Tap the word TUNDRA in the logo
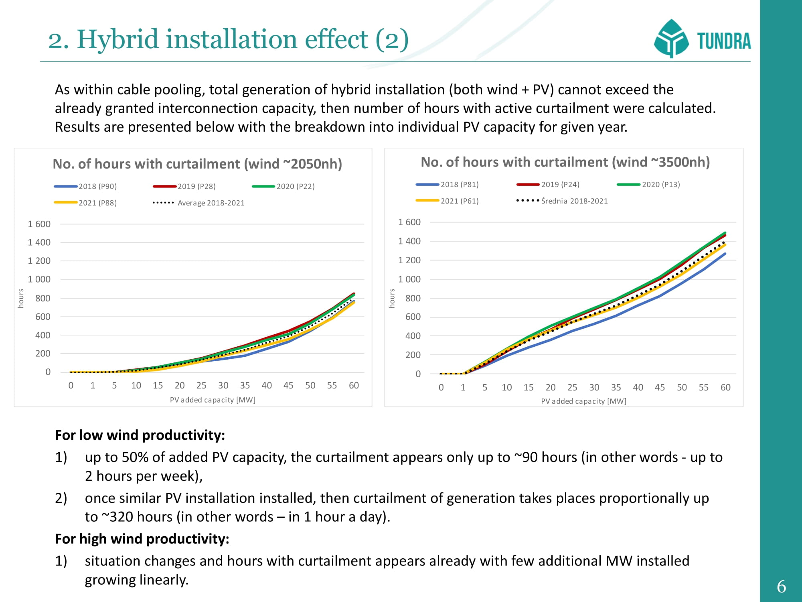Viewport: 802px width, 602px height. point(724,41)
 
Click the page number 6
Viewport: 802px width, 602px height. point(781,587)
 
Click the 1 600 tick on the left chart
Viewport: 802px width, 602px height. point(39,224)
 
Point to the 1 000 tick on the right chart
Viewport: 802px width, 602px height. point(409,279)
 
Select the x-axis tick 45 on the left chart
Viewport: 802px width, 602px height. point(288,385)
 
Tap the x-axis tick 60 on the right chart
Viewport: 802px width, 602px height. point(725,387)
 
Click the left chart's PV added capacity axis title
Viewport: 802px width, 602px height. point(213,400)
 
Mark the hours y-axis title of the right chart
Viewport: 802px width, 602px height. point(392,298)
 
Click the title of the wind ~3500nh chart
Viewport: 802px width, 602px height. point(565,162)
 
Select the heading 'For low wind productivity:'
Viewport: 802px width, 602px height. point(140,435)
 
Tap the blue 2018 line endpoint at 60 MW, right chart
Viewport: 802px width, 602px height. point(725,254)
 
